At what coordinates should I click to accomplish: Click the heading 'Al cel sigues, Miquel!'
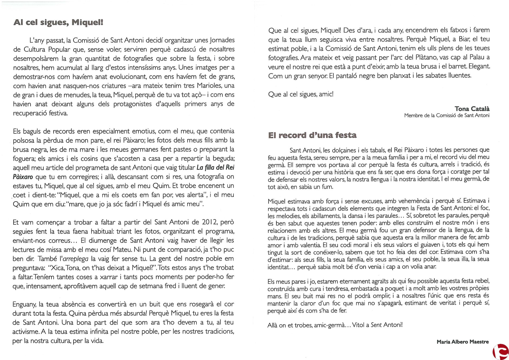click(x=58, y=22)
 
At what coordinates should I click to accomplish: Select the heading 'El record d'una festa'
click(x=312, y=135)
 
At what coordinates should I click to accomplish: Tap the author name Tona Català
click(x=472, y=109)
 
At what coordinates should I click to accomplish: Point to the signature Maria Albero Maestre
click(x=463, y=342)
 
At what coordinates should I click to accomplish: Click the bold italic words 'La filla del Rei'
click(x=215, y=168)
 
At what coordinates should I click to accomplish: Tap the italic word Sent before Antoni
click(x=376, y=325)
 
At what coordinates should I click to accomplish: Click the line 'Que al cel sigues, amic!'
click(x=301, y=94)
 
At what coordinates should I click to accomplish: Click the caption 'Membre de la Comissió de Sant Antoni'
click(x=447, y=115)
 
